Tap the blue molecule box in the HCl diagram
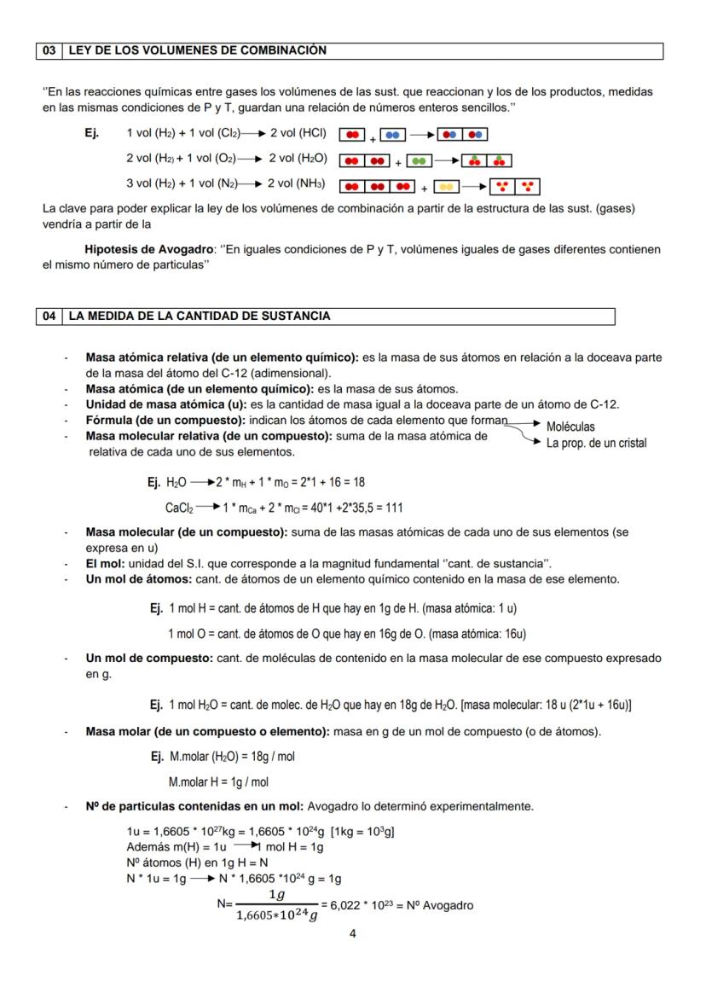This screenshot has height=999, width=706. pyautogui.click(x=392, y=135)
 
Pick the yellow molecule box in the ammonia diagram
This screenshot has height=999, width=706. pyautogui.click(x=447, y=186)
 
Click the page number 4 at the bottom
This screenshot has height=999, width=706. pyautogui.click(x=353, y=932)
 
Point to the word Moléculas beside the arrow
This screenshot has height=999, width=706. pyautogui.click(x=570, y=427)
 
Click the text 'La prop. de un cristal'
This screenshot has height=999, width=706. pyautogui.click(x=596, y=443)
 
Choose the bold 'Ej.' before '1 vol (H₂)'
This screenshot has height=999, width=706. pyautogui.click(x=92, y=133)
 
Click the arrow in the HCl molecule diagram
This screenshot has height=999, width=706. pyautogui.click(x=421, y=135)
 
